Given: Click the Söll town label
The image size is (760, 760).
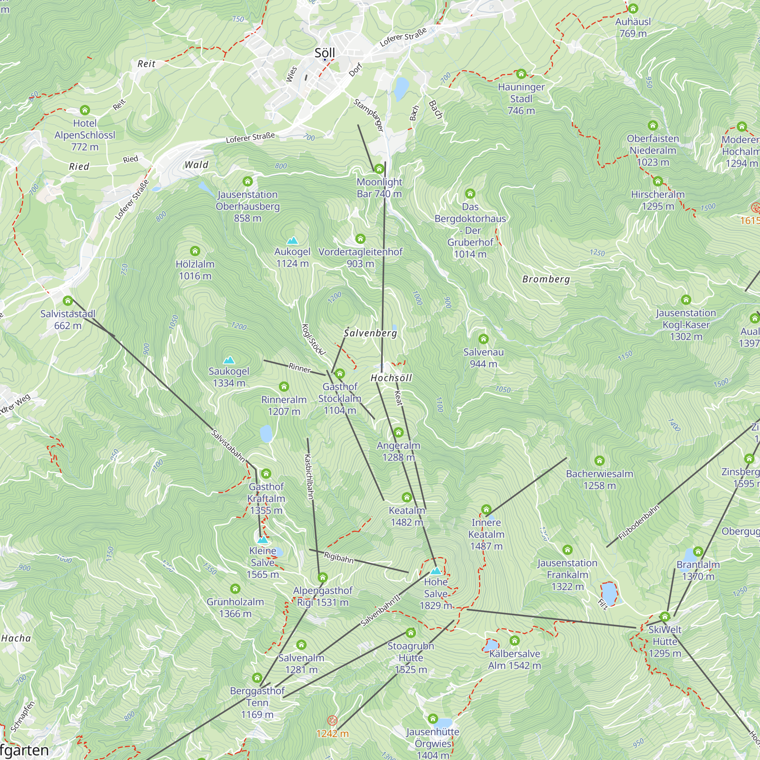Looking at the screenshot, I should pos(325,53).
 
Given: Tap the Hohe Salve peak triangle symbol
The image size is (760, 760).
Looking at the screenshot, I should pos(435,571).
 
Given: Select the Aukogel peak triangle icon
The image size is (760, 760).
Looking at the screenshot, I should pos(292,241).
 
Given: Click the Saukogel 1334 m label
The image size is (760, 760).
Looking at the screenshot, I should pos(228,377).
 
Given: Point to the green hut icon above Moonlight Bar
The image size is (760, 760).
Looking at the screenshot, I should pos(379,169).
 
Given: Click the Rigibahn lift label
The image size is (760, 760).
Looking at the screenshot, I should pos(338,557).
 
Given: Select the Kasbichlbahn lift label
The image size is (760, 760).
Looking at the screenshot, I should pos(309,477).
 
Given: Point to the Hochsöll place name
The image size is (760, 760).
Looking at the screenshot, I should pos(391,378).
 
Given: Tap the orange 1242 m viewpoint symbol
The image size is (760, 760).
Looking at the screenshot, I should pos(332,720).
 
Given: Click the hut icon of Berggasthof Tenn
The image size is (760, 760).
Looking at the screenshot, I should pos(257,678).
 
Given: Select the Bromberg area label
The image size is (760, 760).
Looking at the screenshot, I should pos(546,279).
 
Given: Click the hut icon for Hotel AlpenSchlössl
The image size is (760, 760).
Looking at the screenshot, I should pos(85,110).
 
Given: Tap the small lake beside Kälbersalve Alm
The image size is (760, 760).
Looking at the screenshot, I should pos(491,646).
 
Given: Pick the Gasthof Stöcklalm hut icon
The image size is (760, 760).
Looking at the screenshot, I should pos(340,374).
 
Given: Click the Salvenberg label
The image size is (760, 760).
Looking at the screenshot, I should pos(370,333).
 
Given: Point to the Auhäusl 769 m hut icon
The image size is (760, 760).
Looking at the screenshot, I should pos(633,9).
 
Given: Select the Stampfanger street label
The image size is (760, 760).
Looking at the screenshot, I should pos(368,115).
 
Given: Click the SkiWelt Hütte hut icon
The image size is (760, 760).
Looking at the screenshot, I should pos(665,616).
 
